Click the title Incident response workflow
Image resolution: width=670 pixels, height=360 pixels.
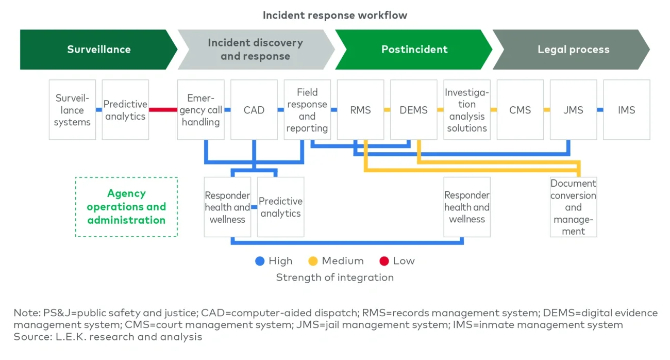tap(334, 15)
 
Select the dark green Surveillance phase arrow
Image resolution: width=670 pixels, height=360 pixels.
tap(98, 50)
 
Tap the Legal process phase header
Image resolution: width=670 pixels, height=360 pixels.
tap(573, 50)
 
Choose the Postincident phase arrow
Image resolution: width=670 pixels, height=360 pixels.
tap(414, 50)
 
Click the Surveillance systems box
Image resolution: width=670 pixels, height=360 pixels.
tap(72, 110)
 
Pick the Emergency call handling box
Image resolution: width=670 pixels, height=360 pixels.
tap(200, 110)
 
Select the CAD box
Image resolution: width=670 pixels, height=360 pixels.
tap(254, 110)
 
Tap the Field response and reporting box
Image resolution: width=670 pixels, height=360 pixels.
tap(307, 110)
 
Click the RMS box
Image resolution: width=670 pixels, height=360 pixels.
tap(360, 110)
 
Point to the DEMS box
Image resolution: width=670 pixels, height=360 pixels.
tap(413, 110)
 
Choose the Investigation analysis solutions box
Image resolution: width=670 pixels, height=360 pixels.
tap(466, 110)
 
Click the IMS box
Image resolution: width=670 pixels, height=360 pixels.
tap(626, 110)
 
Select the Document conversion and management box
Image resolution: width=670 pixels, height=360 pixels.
tap(573, 207)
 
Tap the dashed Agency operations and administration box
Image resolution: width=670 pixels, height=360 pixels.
tap(126, 207)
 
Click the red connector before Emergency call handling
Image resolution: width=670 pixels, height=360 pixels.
tap(163, 110)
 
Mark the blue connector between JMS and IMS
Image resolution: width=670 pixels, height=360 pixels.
tap(600, 110)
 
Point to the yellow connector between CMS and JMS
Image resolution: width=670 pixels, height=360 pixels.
tap(546, 110)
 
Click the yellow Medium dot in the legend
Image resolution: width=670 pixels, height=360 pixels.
tap(313, 261)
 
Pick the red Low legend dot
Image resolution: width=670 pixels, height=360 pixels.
tap(384, 261)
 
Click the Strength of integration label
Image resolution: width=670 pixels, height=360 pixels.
tap(334, 277)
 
